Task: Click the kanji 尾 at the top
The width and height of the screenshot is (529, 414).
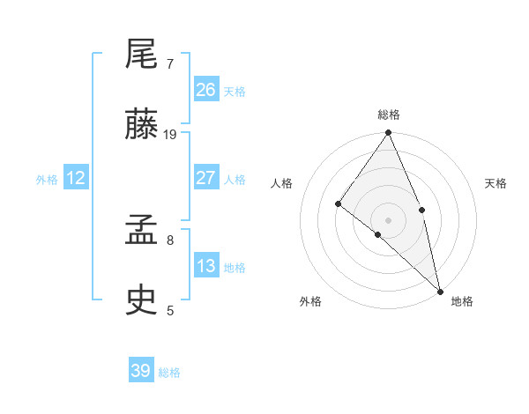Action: click(x=142, y=55)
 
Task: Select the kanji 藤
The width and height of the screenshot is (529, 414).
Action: click(x=142, y=126)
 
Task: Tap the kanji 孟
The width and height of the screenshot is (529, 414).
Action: click(x=142, y=232)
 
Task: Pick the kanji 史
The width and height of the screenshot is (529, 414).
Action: click(x=142, y=301)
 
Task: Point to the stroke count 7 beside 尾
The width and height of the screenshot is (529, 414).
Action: click(x=170, y=64)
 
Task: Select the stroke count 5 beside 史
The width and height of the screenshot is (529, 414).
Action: click(x=170, y=310)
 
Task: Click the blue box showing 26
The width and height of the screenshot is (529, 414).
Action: click(x=206, y=90)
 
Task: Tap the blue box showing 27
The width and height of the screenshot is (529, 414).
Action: click(x=206, y=178)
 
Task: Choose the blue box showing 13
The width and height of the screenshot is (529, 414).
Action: click(x=206, y=266)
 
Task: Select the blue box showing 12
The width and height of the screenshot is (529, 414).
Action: click(x=76, y=178)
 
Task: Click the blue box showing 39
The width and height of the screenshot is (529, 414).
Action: click(x=141, y=371)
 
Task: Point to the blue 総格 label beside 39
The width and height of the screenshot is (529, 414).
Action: click(x=169, y=373)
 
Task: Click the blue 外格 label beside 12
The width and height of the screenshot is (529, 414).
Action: click(x=47, y=180)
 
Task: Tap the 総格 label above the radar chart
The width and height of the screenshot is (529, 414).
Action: click(x=389, y=115)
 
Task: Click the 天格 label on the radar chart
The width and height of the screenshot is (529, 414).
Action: click(x=495, y=183)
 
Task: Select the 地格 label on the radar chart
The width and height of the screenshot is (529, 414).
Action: click(x=462, y=301)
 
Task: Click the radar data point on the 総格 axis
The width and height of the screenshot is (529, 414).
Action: click(x=389, y=133)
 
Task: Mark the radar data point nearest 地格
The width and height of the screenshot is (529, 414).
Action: click(x=440, y=290)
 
